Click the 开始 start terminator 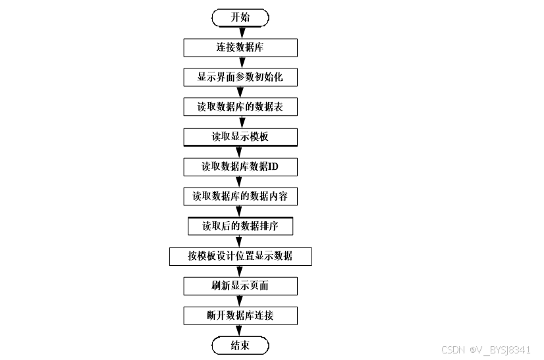click(x=240, y=18)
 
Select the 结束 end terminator click(x=240, y=346)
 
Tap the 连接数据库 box click(x=240, y=47)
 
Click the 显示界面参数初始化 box click(x=240, y=77)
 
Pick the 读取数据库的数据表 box click(x=240, y=107)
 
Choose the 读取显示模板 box click(x=240, y=137)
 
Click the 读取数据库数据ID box click(x=240, y=167)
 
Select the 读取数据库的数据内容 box click(x=240, y=196)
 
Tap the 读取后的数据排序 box click(x=240, y=226)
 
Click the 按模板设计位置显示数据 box click(x=240, y=256)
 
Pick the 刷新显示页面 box click(x=240, y=286)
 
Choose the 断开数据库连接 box click(x=240, y=316)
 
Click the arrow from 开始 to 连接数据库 click(x=240, y=33)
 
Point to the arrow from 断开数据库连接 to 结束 click(x=240, y=331)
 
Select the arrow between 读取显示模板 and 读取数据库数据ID click(x=240, y=152)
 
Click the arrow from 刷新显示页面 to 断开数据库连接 click(x=240, y=301)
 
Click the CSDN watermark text click(x=485, y=349)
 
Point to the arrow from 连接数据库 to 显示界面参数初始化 click(x=240, y=63)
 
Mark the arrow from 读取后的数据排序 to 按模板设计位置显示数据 click(x=240, y=241)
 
